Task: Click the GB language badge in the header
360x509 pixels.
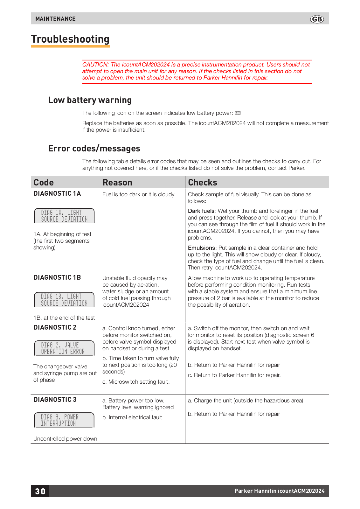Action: (317, 19)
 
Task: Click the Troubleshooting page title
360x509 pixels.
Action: (70, 39)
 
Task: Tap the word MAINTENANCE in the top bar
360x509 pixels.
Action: (55, 19)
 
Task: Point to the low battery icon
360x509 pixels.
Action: (238, 113)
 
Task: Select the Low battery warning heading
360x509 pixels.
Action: (90, 100)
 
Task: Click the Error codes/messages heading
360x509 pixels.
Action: (94, 149)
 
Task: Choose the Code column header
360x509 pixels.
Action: (44, 183)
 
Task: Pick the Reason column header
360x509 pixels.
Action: (117, 183)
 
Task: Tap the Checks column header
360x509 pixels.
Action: (203, 183)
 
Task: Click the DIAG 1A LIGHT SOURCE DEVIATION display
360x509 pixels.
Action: (64, 216)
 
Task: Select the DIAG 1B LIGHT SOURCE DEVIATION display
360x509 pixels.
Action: (64, 300)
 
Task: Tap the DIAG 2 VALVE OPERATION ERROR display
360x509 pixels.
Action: (64, 348)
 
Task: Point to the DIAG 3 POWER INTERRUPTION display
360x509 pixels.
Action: (64, 420)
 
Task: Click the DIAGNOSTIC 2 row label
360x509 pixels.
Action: (55, 327)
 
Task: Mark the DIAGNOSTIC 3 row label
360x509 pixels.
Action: (55, 400)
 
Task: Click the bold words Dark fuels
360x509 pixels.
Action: (201, 211)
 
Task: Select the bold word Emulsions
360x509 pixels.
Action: (201, 248)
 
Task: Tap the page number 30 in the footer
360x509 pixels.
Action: (40, 491)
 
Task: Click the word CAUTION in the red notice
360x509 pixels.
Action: (95, 65)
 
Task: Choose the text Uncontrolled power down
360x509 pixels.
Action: (65, 439)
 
